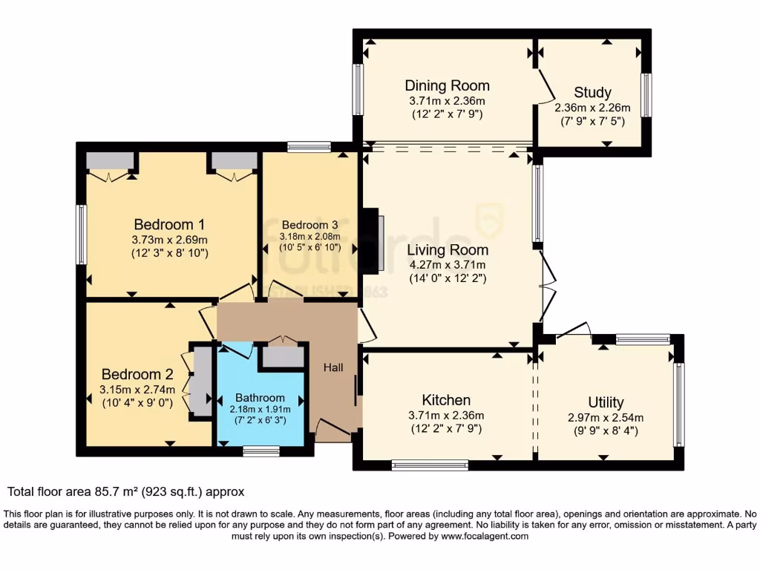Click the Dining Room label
447,85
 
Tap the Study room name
592,93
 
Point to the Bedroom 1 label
169,224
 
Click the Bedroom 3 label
309,225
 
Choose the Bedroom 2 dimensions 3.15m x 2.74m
138,390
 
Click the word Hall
332,367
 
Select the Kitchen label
446,400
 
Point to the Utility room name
606,402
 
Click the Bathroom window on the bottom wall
261,451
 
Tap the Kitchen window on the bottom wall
430,465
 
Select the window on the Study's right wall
646,94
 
